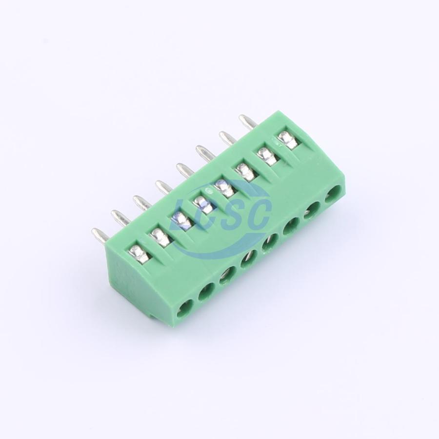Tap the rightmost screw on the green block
pyautogui.click(x=288, y=139)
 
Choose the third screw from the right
pyautogui.click(x=243, y=171)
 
